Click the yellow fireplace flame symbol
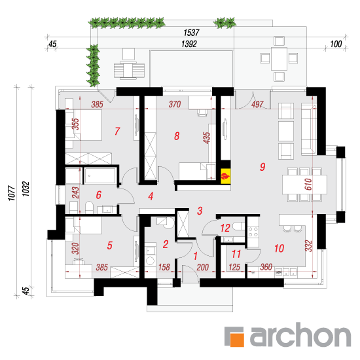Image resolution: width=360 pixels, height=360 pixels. [x=225, y=176]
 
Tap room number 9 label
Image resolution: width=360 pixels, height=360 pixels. [x=262, y=167]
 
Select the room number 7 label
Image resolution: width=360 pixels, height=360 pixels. [x=117, y=131]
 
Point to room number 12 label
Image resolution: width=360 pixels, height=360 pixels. [x=225, y=228]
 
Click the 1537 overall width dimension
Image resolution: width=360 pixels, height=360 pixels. [x=191, y=33]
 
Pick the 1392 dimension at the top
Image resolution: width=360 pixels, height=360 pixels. [x=189, y=44]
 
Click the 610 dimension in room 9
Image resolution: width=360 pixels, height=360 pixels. [x=308, y=184]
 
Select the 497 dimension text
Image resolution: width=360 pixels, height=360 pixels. [x=257, y=105]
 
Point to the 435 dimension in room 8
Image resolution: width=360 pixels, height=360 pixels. [x=207, y=137]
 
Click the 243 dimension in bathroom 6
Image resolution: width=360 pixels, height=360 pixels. [x=75, y=192]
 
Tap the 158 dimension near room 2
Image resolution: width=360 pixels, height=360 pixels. [x=164, y=267]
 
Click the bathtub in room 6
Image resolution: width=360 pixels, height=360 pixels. [x=99, y=176]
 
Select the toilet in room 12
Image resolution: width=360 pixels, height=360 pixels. [x=239, y=226]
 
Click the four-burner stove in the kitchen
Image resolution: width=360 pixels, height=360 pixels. [x=253, y=232]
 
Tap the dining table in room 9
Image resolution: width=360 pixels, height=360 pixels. [x=304, y=185]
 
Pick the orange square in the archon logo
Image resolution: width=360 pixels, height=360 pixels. [x=237, y=340]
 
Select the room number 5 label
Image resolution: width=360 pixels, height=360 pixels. [x=110, y=245]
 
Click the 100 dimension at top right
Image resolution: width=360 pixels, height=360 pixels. [x=336, y=44]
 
